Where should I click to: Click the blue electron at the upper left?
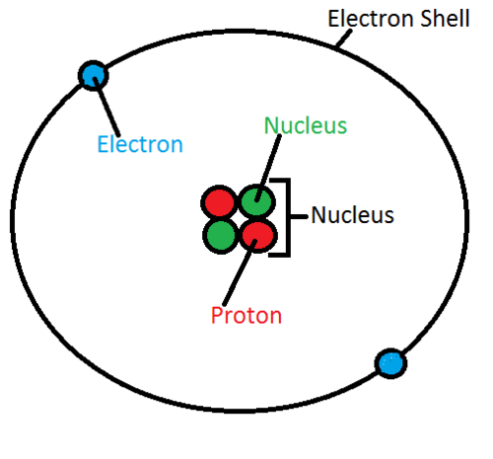tap(94, 76)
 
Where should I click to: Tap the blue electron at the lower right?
tap(390, 363)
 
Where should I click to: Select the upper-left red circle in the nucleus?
tap(219, 201)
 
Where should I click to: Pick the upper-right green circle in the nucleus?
tap(256, 200)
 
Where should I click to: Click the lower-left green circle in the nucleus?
tap(221, 236)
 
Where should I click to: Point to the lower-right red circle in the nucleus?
tap(258, 236)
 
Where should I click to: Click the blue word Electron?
tap(140, 144)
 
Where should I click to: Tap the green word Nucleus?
tap(306, 125)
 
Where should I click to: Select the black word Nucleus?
tap(353, 215)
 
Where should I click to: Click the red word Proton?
tap(246, 315)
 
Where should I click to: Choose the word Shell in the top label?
tap(445, 18)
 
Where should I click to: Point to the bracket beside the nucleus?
tap(288, 217)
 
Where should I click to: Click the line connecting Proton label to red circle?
tap(239, 272)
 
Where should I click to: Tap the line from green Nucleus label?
tap(268, 168)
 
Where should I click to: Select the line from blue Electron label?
tap(106, 107)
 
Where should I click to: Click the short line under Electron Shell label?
tap(344, 38)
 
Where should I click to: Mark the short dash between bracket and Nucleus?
tap(299, 216)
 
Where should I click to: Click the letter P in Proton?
tap(217, 315)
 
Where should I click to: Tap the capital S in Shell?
tap(427, 19)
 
